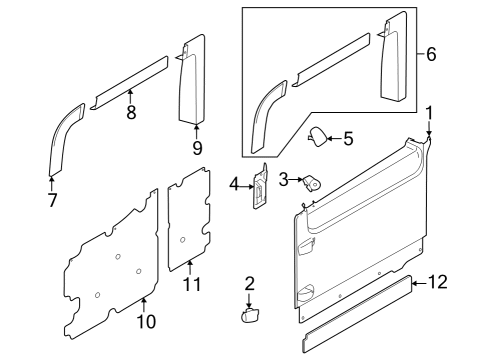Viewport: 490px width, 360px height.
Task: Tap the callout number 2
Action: (x=249, y=283)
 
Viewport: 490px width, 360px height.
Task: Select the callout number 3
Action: (x=284, y=179)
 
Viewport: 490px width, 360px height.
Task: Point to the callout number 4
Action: (x=235, y=185)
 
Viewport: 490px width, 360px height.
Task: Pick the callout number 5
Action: (x=348, y=139)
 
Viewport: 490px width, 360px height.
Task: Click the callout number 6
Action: (x=431, y=54)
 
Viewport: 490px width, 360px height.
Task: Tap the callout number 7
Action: (x=52, y=199)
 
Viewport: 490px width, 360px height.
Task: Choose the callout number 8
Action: (x=131, y=113)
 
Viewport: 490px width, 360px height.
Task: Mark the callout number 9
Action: (x=196, y=148)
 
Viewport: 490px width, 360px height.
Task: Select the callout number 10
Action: (x=145, y=321)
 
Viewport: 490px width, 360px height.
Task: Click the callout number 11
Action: (x=191, y=285)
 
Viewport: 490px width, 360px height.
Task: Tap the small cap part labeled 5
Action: (x=316, y=138)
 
